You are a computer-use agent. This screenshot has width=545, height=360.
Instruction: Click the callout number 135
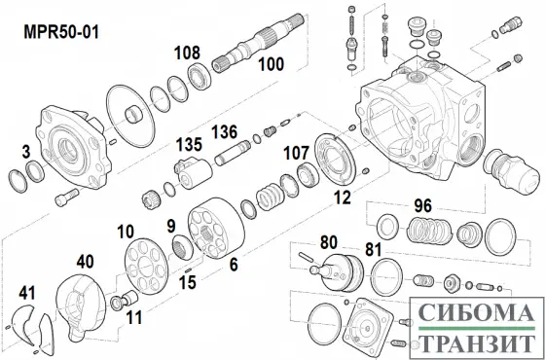pos(188,144)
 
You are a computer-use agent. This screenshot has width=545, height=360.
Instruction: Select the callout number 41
pos(25,292)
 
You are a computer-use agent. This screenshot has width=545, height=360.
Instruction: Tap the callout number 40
pos(87,262)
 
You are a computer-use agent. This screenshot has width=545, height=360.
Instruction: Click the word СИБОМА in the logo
pos(473,314)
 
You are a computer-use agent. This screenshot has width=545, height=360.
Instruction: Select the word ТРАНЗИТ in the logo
pos(473,342)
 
